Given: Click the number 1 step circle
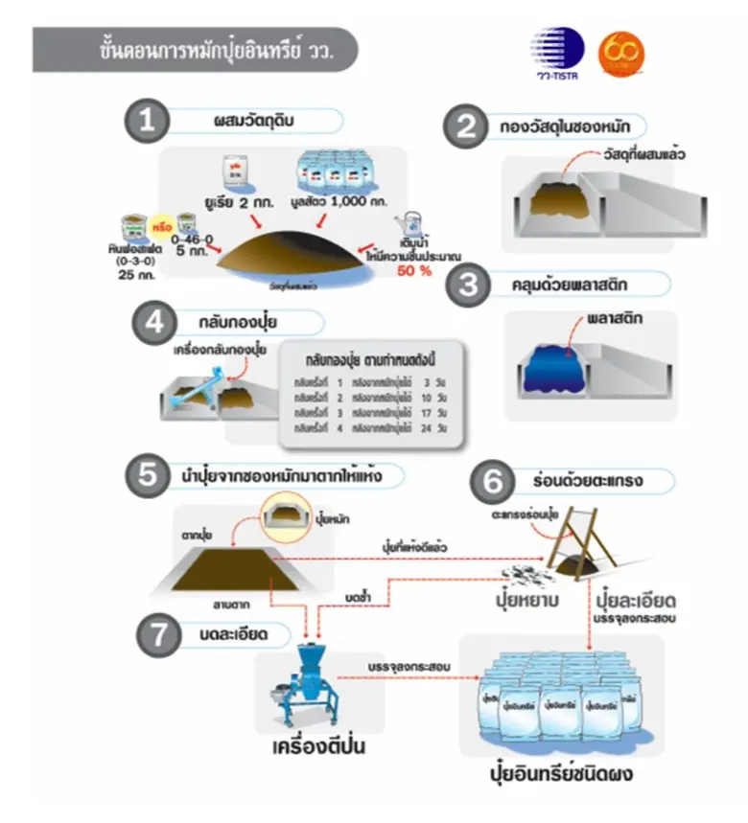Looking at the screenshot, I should coord(146,121).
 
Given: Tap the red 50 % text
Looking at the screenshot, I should coord(414,270).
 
